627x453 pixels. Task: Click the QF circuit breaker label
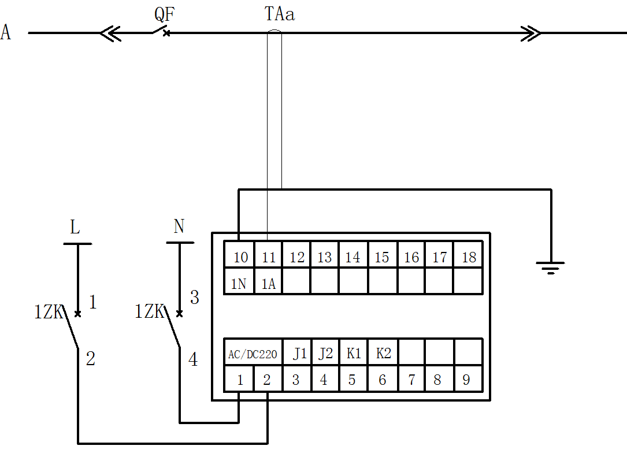165,14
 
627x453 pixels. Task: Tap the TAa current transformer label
279,14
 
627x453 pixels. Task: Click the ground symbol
550,268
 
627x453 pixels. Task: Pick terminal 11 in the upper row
268,257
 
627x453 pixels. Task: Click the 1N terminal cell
239,284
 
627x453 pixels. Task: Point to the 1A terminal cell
268,284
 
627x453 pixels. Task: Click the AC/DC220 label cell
253,354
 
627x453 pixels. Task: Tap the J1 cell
299,354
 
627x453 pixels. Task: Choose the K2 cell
384,354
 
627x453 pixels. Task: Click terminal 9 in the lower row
466,380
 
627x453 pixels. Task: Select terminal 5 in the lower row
352,380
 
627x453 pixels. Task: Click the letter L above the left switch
75,227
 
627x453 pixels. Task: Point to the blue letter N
179,226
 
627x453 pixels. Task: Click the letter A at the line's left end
6,32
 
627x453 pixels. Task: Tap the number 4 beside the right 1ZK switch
193,359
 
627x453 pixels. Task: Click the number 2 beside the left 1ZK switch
90,359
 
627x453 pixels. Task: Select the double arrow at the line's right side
530,33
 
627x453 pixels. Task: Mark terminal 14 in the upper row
353,257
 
